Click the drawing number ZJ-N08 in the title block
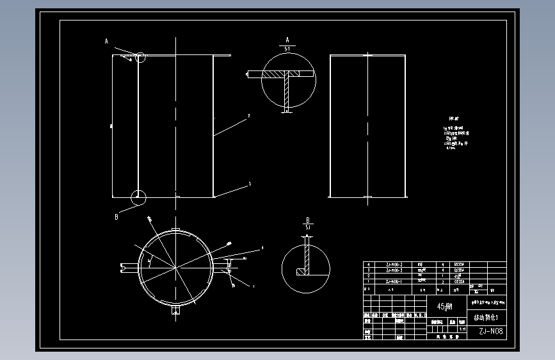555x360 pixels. pos(490,332)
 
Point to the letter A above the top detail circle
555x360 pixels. pos(287,40)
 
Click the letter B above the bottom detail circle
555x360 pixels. pos(307,219)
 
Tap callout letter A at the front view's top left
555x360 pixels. pos(107,41)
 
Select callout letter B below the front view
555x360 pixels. pos(117,217)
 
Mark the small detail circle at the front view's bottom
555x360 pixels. pos(138,197)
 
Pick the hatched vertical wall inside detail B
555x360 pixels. pos(307,256)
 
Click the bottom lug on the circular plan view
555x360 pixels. pos(175,311)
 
